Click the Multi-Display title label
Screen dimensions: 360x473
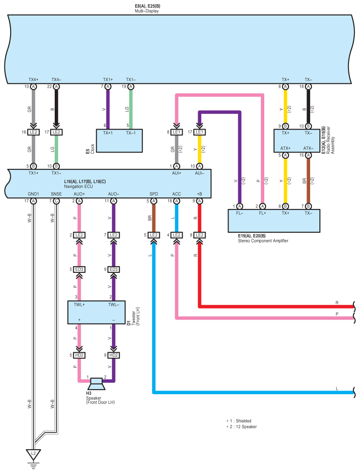click(x=147, y=11)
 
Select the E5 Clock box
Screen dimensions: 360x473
click(x=119, y=141)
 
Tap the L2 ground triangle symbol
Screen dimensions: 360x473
click(x=33, y=454)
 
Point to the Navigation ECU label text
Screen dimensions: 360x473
click(x=79, y=186)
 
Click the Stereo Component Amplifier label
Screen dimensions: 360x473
click(x=263, y=241)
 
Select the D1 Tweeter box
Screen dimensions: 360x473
click(x=96, y=312)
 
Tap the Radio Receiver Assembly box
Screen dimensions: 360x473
click(x=297, y=141)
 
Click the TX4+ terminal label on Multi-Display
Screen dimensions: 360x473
click(x=34, y=80)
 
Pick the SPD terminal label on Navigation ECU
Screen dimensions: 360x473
click(x=154, y=194)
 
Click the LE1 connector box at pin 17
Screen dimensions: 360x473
click(x=199, y=132)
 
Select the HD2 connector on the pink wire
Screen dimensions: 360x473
click(x=79, y=355)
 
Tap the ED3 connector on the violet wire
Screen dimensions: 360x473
click(x=113, y=269)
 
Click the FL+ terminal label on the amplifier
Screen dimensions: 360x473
click(x=262, y=213)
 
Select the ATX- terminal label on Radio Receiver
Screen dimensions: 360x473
click(x=308, y=148)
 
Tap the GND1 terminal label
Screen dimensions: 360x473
click(x=34, y=194)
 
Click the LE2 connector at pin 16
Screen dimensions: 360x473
click(x=33, y=132)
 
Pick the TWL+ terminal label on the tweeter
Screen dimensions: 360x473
click(x=79, y=305)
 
